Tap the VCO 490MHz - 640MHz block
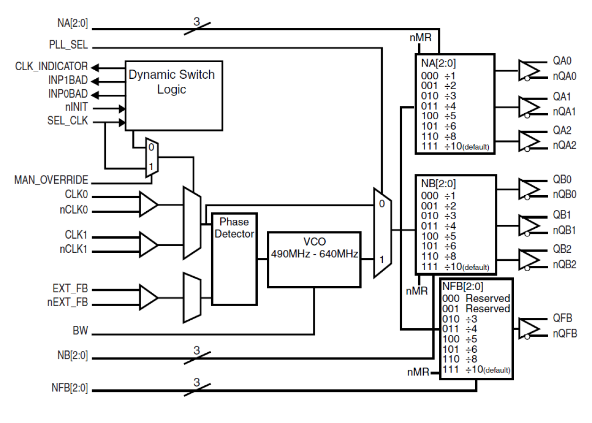314,259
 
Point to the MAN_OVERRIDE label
51,180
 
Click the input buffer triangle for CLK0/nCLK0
148,205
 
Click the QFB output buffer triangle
528,328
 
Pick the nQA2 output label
565,145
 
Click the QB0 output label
562,180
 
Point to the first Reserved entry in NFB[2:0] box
488,298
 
